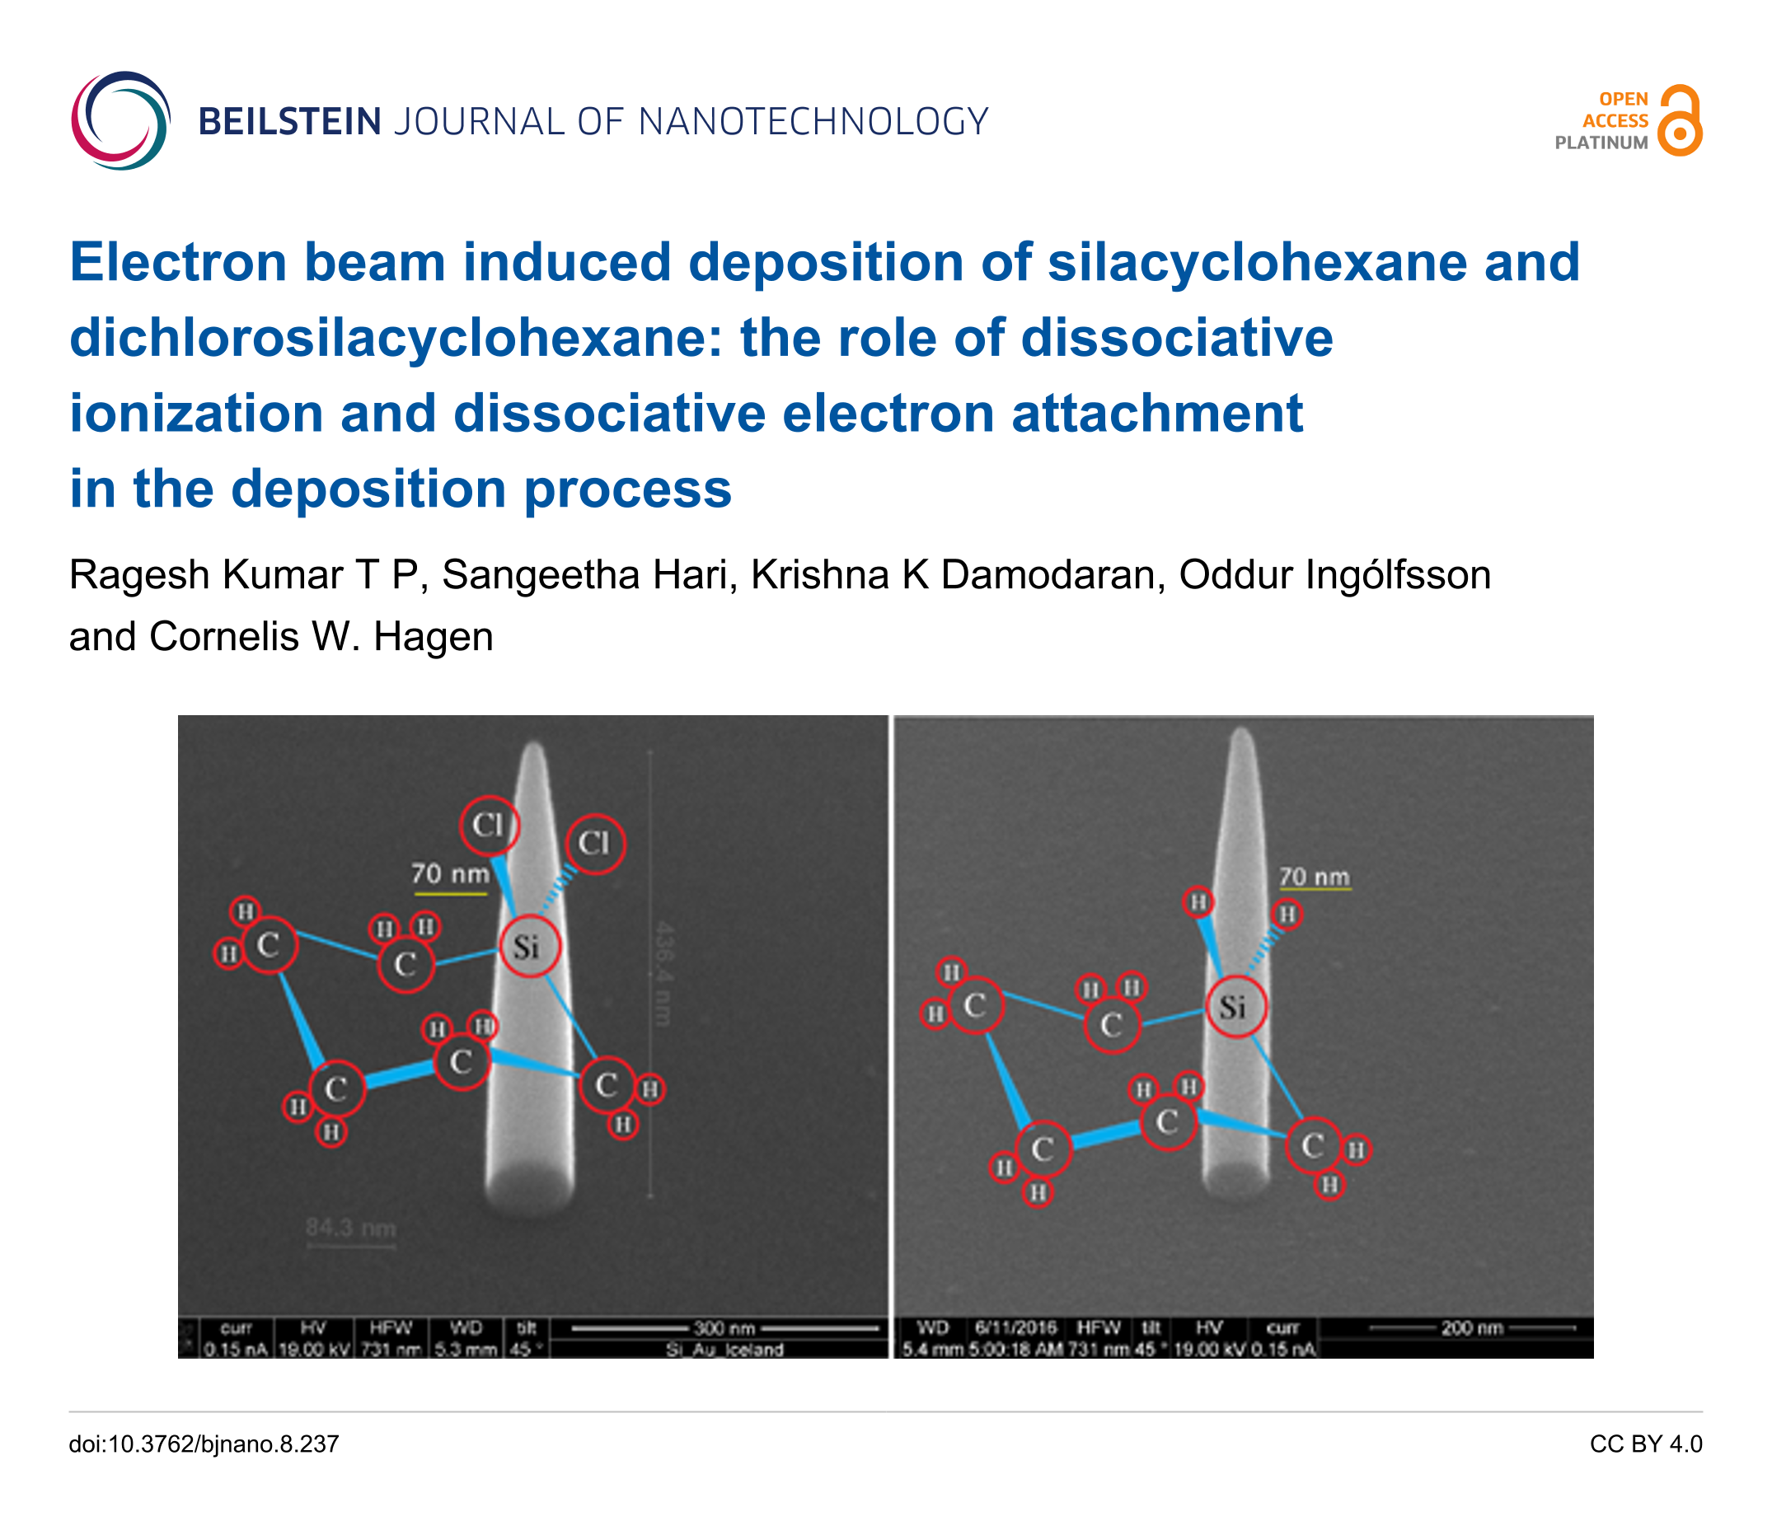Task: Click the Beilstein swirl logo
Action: tap(120, 120)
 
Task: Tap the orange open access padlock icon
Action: tap(1680, 120)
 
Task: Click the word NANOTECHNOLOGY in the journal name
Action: tap(813, 122)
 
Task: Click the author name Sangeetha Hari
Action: tap(589, 575)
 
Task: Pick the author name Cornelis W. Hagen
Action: tap(321, 637)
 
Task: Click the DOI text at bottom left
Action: tap(204, 1444)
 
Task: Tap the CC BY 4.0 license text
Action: tap(1645, 1444)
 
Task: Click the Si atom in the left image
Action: tap(528, 947)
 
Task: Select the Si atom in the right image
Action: tap(1235, 1007)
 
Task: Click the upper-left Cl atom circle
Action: tap(490, 825)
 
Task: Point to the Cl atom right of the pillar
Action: tap(595, 843)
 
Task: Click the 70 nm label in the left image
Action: tap(450, 873)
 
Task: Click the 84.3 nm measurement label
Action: tap(350, 1228)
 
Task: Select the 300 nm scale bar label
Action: tap(724, 1327)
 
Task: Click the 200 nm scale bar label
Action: tap(1471, 1327)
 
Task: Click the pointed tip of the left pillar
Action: tap(535, 747)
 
